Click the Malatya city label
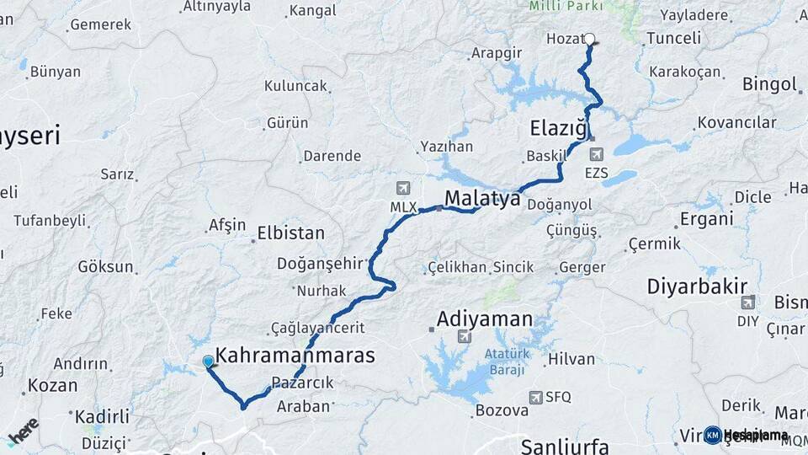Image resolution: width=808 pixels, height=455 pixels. [x=482, y=199]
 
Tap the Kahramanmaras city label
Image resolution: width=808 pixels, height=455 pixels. [x=295, y=356]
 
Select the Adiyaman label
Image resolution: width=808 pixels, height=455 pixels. [x=485, y=319]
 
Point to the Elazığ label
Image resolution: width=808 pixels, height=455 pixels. [x=557, y=129]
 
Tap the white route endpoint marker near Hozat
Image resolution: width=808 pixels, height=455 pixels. [x=590, y=38]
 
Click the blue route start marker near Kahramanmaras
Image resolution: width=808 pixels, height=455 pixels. [x=209, y=361]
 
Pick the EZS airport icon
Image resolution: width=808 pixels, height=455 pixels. [x=597, y=153]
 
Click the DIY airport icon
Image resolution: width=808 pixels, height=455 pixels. [x=747, y=302]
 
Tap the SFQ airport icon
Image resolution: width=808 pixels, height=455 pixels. [x=536, y=397]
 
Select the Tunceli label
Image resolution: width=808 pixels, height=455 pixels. [x=673, y=38]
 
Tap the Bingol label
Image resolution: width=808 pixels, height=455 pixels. [x=769, y=84]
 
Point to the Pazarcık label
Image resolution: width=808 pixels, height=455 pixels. [x=303, y=383]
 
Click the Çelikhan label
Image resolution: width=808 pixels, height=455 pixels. [x=458, y=267]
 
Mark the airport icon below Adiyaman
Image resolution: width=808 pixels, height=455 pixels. [x=463, y=337]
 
